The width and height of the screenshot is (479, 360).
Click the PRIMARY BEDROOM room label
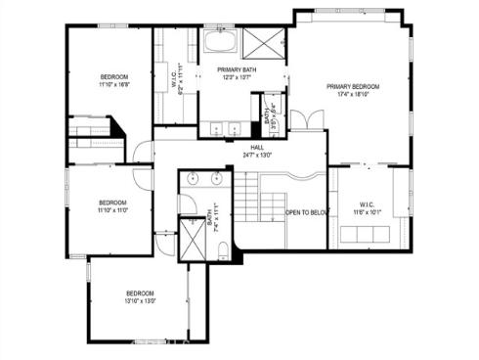pos(352,87)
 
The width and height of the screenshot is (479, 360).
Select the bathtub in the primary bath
pos(218,43)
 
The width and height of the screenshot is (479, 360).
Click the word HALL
pos(257,147)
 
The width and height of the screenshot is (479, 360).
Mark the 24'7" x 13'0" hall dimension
pos(257,155)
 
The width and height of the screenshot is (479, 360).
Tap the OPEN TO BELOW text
pos(305,211)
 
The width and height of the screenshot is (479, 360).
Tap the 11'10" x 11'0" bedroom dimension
pos(112,210)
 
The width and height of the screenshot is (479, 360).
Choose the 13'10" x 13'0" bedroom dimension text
pos(140,300)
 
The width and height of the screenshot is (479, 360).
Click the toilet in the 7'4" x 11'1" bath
pos(222,249)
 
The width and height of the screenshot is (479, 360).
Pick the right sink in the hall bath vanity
pos(215,180)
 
